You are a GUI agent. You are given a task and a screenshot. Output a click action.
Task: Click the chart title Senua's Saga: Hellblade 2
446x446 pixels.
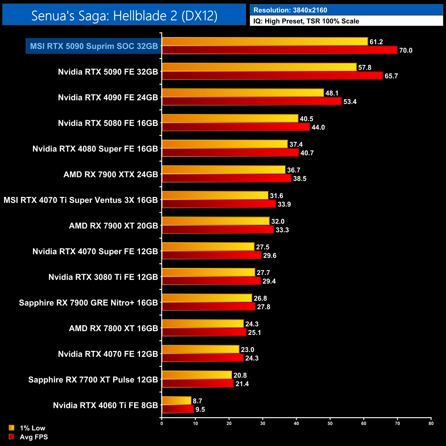click(x=124, y=15)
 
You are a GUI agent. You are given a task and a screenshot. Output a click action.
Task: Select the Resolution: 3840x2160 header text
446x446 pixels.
click(x=290, y=10)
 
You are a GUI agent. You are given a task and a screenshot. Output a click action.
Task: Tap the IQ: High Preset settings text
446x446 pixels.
click(x=306, y=21)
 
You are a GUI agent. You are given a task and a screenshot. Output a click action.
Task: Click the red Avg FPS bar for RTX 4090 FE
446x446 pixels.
click(x=251, y=101)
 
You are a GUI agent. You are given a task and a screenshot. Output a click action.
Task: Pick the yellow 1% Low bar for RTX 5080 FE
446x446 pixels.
click(x=230, y=118)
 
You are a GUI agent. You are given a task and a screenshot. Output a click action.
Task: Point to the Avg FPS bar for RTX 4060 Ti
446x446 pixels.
click(x=178, y=409)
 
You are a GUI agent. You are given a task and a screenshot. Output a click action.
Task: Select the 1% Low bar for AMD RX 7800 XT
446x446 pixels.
click(x=202, y=324)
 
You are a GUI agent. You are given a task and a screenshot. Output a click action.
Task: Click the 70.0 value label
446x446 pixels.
click(x=406, y=50)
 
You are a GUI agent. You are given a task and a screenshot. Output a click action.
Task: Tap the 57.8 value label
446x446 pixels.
click(x=365, y=68)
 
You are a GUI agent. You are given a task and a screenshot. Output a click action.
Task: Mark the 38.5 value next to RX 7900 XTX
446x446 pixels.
click(x=300, y=179)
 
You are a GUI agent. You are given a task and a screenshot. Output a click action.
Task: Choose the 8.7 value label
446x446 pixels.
click(x=197, y=401)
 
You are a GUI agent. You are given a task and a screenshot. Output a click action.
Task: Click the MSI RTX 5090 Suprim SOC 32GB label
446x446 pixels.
click(x=94, y=46)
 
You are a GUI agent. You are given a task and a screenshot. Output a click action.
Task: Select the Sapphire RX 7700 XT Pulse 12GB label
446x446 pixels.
click(x=93, y=380)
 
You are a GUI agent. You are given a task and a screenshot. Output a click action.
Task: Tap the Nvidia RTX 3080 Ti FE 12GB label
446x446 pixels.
click(x=103, y=277)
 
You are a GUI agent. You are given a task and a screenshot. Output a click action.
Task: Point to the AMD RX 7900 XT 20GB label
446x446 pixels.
click(x=113, y=226)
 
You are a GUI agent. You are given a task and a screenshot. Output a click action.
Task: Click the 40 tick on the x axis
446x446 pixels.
click(x=296, y=423)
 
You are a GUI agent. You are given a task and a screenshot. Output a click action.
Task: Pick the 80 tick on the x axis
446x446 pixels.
click(x=431, y=423)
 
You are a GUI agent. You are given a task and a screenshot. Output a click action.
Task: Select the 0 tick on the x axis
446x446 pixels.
click(x=162, y=423)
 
